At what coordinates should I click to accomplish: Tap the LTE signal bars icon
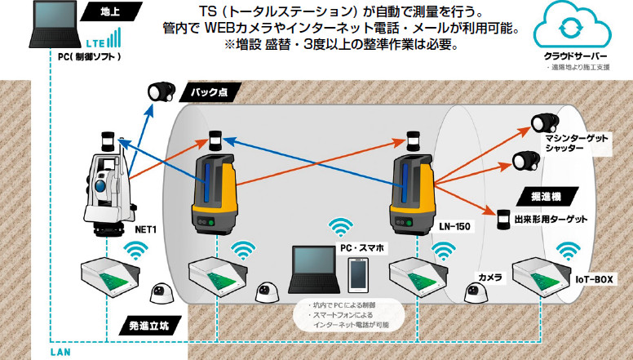tap(113, 38)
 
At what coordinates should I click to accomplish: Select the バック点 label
tap(207, 92)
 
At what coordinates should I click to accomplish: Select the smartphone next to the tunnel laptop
tap(356, 275)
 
